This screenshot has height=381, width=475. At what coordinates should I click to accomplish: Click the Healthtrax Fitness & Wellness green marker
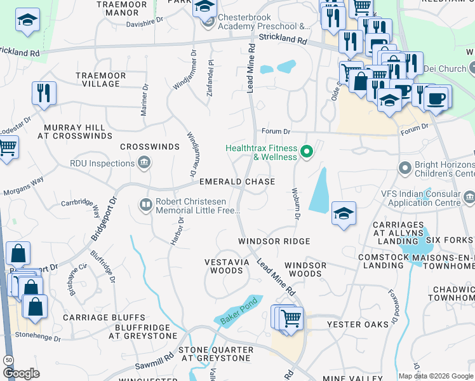pyautogui.click(x=307, y=151)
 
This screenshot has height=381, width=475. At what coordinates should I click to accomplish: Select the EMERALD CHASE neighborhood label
pyautogui.click(x=237, y=182)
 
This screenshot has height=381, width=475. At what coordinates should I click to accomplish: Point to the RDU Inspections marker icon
pyautogui.click(x=144, y=163)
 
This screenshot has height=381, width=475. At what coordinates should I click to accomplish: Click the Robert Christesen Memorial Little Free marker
pyautogui.click(x=144, y=204)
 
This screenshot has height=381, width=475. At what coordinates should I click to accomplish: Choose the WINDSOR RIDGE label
pyautogui.click(x=274, y=241)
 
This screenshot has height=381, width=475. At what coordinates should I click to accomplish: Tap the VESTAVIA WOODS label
pyautogui.click(x=224, y=266)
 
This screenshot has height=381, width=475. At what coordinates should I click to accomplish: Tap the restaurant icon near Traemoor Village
pyautogui.click(x=44, y=93)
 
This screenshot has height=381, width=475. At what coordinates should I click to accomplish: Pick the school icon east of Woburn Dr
pyautogui.click(x=343, y=213)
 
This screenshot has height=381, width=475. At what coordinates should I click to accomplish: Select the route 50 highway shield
pyautogui.click(x=8, y=359)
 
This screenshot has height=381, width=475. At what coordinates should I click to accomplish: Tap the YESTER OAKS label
pyautogui.click(x=358, y=324)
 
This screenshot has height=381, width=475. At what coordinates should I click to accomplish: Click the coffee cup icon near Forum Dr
pyautogui.click(x=436, y=97)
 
